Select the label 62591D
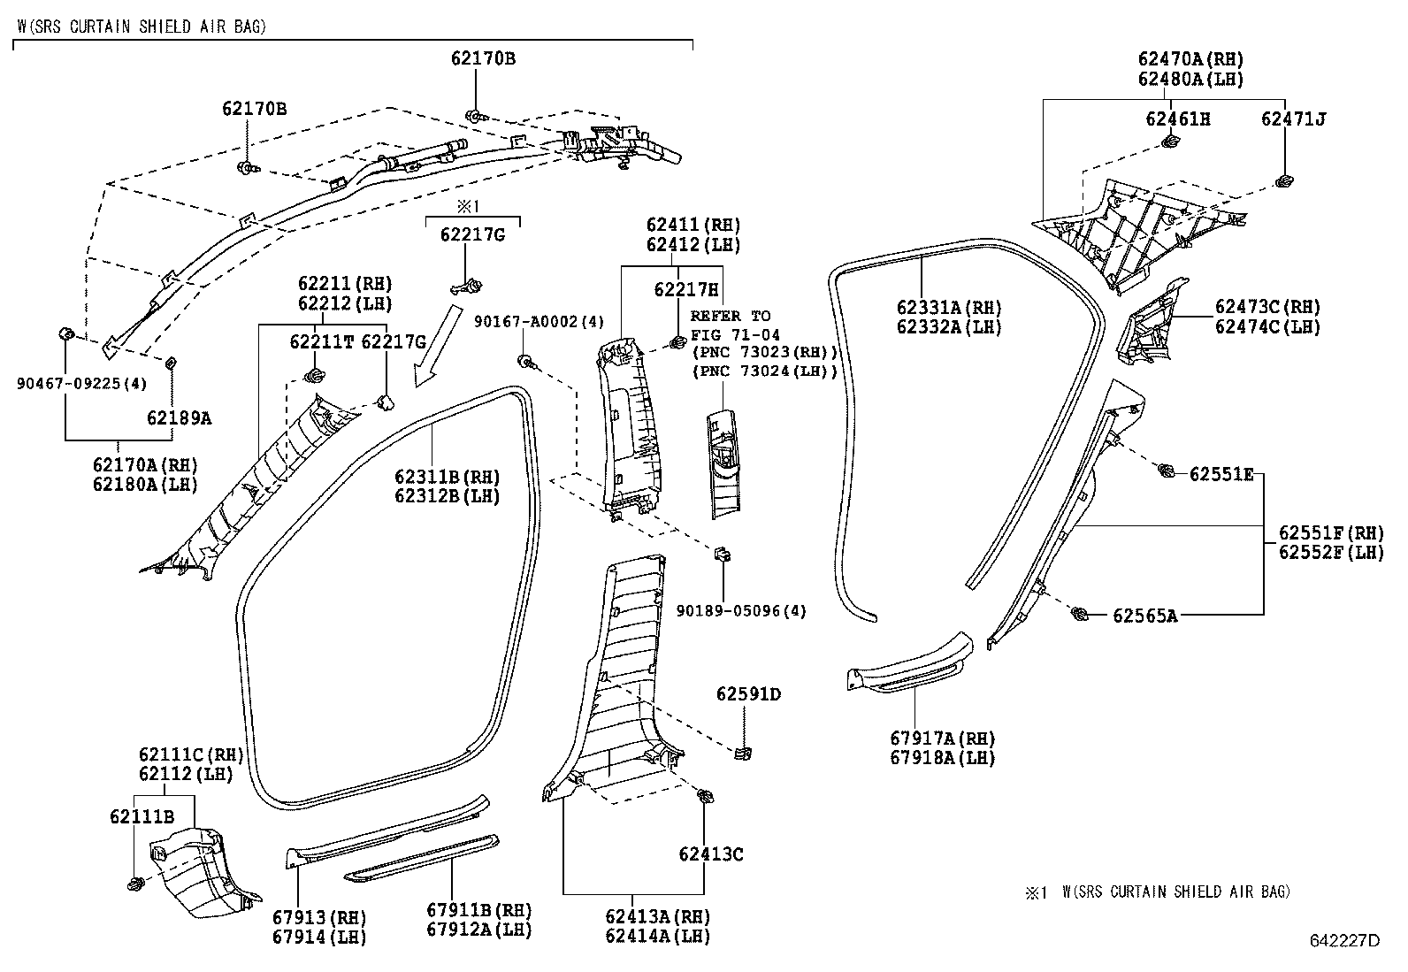pos(748,694)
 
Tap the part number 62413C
pos(710,854)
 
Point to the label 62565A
pos(1144,616)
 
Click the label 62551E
pos(1221,474)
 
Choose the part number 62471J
pos(1293,119)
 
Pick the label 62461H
pos(1178,119)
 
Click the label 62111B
pos(142,816)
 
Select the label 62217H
pos(685,289)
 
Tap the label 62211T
pos(322,341)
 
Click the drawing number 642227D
pos(1344,940)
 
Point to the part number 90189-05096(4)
pos(741,610)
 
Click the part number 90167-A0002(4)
pos(539,321)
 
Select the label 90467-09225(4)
pos(81,383)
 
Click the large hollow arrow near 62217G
pos(438,345)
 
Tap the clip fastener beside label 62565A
pos(1079,613)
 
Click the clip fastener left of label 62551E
pos(1167,471)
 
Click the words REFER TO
pos(730,316)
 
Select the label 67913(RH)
pos(321,916)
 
